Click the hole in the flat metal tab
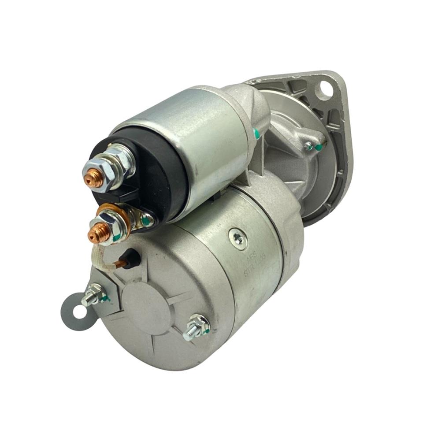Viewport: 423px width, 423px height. coord(80,312)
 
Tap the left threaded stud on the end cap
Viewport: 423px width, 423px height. coord(92,295)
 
